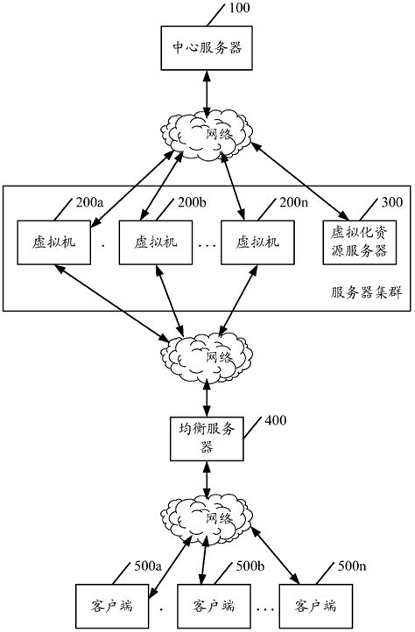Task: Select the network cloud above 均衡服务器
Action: point(207,355)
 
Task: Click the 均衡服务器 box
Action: point(207,438)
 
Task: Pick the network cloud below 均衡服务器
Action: point(207,518)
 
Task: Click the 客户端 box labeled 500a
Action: point(105,605)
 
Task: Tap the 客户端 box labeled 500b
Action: point(207,605)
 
